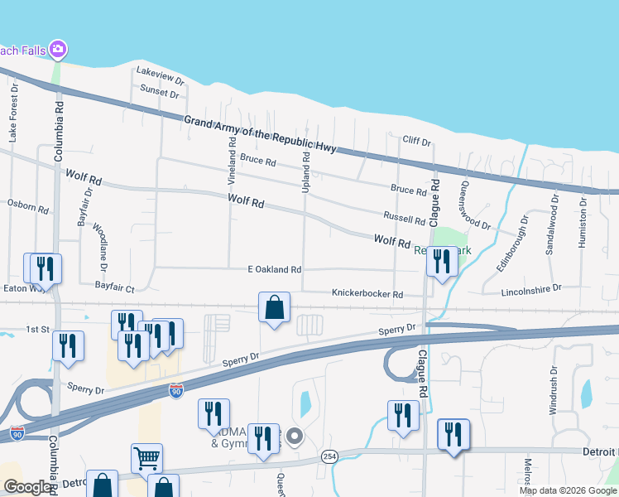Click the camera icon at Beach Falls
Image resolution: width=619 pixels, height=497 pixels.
[57, 51]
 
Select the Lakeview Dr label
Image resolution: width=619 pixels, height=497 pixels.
[160, 76]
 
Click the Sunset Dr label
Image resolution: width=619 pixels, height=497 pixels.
[160, 91]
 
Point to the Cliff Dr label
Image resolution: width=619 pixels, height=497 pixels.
[416, 142]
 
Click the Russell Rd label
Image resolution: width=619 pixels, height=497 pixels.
[404, 220]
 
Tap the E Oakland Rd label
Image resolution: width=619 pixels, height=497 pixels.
[275, 269]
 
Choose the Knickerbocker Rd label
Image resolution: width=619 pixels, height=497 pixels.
[367, 294]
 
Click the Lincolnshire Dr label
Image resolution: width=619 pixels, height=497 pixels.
[531, 290]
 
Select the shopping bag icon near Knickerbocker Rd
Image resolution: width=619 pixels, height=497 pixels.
[275, 307]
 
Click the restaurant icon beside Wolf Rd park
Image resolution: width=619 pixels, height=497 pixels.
[442, 263]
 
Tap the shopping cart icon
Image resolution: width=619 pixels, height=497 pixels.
[146, 458]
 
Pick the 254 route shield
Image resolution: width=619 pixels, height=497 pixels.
[329, 457]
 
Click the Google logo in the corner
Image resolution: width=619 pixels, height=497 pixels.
[28, 487]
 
